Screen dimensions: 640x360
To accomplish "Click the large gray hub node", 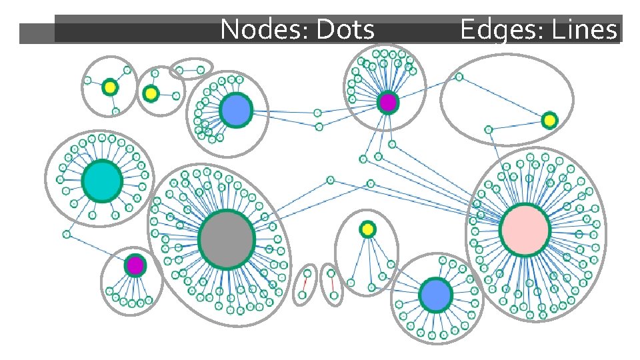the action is pos(227,239).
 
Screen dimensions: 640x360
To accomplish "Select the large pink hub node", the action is pos(525,229).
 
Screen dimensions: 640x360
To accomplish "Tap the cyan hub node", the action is pos(102,181).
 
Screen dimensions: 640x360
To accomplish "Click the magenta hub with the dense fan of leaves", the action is pos(387,103).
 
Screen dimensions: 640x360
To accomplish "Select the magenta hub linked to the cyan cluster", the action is pos(135,265).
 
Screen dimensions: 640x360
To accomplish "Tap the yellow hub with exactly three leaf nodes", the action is pos(110,87).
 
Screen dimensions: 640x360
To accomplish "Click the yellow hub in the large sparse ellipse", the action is pos(549,120).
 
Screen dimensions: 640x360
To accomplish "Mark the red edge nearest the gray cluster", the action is pos(305,285).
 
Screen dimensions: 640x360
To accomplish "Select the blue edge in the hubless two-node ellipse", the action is pos(190,69).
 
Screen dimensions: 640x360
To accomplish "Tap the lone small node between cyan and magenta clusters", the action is pos(67,234).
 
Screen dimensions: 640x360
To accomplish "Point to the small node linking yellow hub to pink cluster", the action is pos(489,129).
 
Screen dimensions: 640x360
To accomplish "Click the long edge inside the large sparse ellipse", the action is pos(504,99).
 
